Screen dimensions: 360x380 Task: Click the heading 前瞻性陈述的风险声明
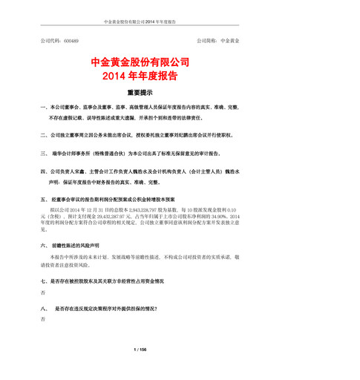(x=82, y=244)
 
